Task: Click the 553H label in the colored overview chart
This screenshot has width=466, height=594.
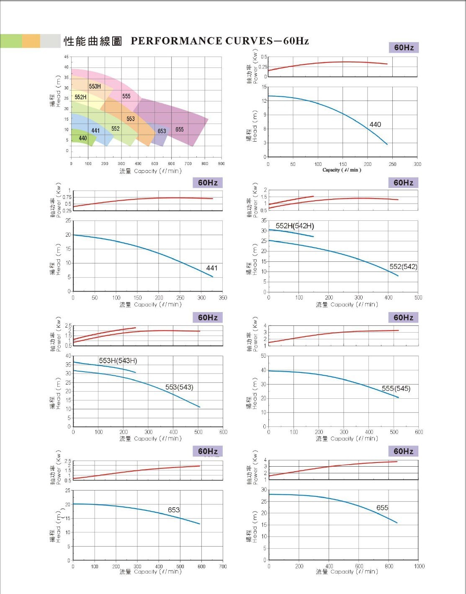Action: coord(95,86)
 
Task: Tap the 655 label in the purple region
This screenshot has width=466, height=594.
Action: coord(180,129)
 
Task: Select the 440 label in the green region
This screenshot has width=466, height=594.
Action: coord(83,138)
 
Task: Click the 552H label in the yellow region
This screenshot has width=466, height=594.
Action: coord(80,97)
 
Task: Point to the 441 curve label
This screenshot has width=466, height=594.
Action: coord(212,268)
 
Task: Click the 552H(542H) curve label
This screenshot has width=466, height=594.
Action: coord(295,226)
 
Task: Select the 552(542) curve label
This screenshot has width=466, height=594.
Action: coord(403,266)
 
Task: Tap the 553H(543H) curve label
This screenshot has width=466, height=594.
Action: coord(118,361)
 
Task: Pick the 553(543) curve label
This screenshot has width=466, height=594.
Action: coord(179,387)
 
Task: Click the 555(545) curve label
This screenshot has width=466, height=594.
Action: coord(396,388)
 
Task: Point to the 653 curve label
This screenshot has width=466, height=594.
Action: coord(174,510)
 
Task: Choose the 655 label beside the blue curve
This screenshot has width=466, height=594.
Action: coord(382,508)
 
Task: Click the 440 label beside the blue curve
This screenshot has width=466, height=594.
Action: coord(375,124)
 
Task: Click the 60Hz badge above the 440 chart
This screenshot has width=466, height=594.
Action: coord(404,48)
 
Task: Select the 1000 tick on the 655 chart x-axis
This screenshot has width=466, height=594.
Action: coord(419,566)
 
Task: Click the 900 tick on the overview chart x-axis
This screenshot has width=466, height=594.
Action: coord(221,164)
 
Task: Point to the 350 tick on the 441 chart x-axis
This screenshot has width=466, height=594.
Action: coord(223,298)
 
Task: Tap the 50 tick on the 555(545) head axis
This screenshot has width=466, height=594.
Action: coord(263,356)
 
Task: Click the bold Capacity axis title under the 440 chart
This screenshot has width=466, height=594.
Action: coord(342,170)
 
